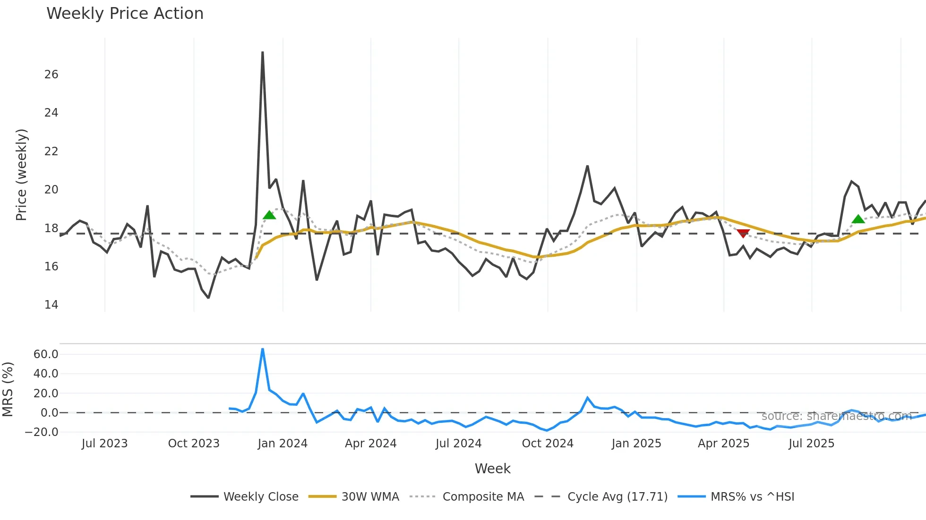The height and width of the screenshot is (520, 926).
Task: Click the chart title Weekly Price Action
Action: (125, 14)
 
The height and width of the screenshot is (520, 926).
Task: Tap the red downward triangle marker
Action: (743, 234)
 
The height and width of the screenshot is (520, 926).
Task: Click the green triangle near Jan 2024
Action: (269, 215)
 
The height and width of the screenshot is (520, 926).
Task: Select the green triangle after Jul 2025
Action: (858, 219)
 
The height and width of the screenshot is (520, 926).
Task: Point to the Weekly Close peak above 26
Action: (263, 52)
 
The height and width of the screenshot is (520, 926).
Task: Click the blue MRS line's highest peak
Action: (263, 349)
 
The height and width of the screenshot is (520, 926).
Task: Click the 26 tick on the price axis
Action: (51, 75)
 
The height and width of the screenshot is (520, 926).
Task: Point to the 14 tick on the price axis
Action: (51, 305)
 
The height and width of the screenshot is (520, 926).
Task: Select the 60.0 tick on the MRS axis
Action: (46, 354)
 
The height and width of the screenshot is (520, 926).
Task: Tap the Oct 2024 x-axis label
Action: (548, 444)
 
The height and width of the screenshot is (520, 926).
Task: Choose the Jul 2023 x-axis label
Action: (104, 444)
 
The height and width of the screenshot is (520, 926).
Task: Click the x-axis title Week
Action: (492, 469)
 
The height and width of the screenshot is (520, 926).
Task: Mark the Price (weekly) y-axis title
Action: (22, 175)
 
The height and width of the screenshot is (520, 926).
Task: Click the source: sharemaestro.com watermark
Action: (836, 416)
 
